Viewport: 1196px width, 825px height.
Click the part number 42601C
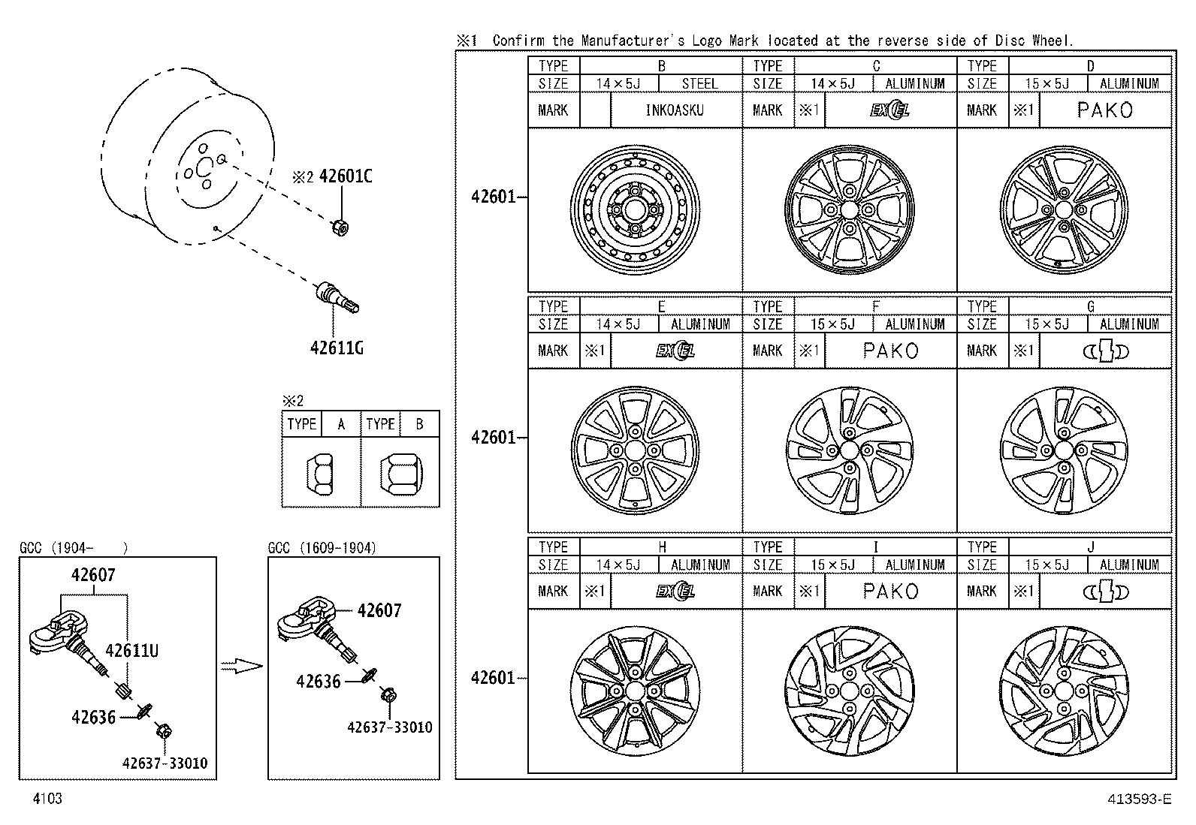point(345,176)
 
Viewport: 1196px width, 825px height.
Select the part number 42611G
point(337,348)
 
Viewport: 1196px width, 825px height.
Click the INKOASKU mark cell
point(675,110)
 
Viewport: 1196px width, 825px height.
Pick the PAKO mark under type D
point(1104,110)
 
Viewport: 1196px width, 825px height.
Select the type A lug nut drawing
point(321,474)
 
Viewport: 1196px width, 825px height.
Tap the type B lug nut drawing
point(400,474)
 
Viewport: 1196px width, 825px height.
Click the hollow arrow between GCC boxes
point(242,665)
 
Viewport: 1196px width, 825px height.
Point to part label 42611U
point(131,651)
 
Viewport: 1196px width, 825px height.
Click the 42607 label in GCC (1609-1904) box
point(379,611)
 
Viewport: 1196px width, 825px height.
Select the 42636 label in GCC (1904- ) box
point(93,718)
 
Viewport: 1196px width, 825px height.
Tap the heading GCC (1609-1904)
point(322,547)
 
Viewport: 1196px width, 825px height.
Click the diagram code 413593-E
point(1139,799)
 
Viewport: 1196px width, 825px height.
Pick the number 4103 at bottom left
point(47,799)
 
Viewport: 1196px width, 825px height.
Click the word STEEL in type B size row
point(699,84)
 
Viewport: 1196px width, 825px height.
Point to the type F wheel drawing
point(850,450)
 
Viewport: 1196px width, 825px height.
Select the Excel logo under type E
point(675,351)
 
